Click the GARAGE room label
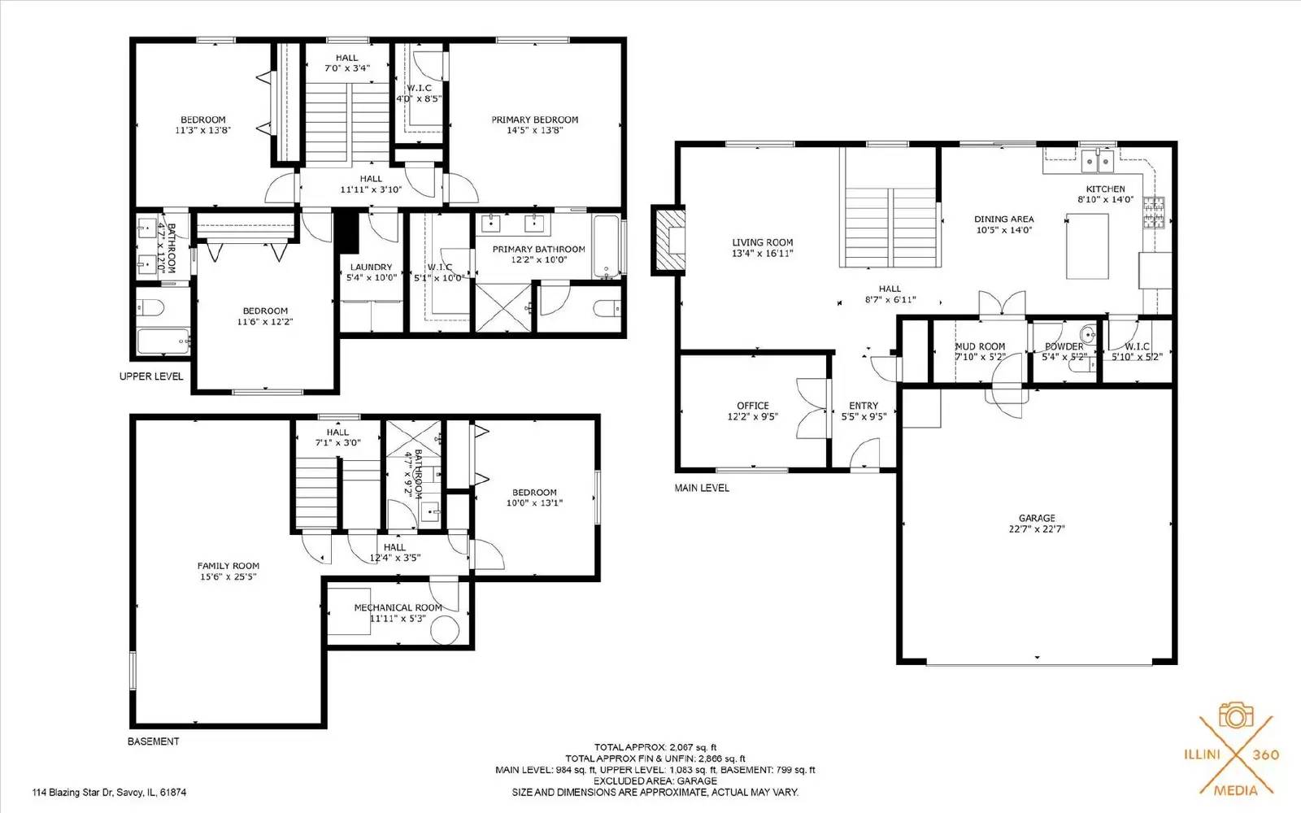coord(1037,518)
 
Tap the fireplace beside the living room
coord(668,240)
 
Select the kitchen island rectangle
coord(1087,246)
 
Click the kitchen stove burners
coord(1154,213)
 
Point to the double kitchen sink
coord(1097,160)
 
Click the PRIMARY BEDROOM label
coord(535,120)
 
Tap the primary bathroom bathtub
coord(607,247)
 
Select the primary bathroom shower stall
coord(503,308)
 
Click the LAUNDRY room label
coord(371,267)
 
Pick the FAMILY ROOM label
coord(228,566)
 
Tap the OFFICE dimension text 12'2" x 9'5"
coord(753,416)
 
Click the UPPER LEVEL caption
coord(151,376)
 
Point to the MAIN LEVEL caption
coord(702,488)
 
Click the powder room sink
coord(1087,334)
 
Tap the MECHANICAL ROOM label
coord(398,607)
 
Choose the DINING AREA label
coord(1004,219)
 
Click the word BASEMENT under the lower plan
coord(154,741)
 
